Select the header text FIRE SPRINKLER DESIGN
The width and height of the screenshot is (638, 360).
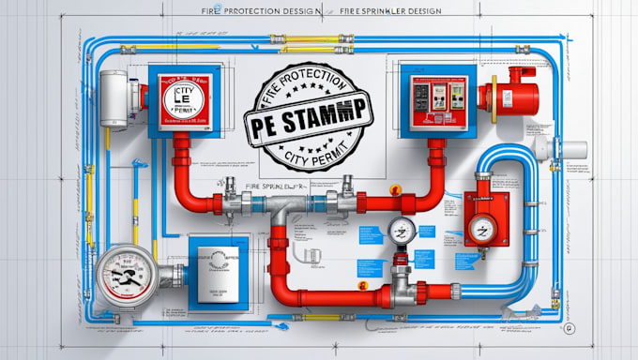pyautogui.click(x=393, y=14)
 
